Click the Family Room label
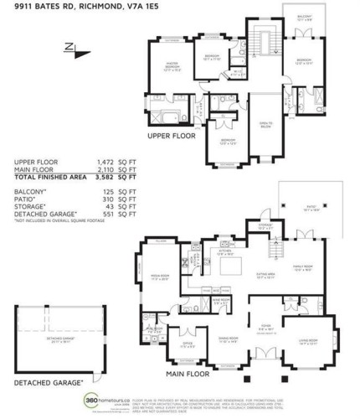point(303,269)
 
